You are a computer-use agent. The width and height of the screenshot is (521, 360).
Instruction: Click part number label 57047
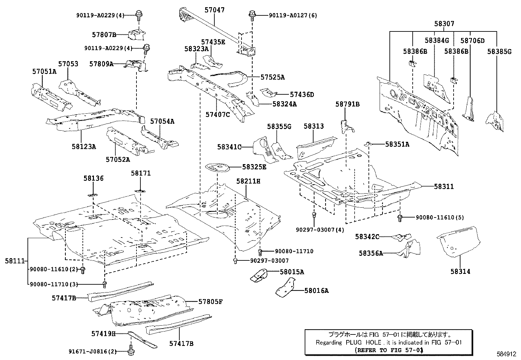tap(214, 10)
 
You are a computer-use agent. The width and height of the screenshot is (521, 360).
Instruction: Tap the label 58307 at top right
tap(444, 24)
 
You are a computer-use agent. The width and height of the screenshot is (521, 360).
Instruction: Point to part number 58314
tap(460, 271)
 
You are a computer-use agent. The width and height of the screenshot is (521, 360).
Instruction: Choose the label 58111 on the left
tap(15, 261)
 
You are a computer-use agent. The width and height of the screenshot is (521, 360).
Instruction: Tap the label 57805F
tap(210, 301)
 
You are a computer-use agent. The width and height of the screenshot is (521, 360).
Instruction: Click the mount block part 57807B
tap(137, 35)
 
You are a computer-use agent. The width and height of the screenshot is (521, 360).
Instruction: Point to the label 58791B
tap(347, 104)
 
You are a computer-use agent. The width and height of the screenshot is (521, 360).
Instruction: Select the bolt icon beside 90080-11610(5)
tap(400, 218)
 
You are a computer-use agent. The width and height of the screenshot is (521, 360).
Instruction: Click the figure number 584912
tap(506, 354)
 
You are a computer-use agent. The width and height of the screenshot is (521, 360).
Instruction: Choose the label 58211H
tap(248, 181)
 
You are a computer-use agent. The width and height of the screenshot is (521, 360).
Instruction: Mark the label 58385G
tap(499, 51)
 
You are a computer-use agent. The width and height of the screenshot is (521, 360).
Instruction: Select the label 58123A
tap(84, 146)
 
